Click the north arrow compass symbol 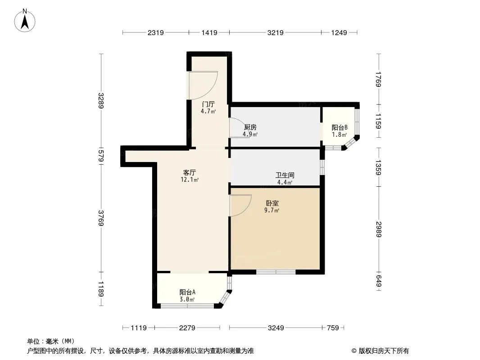(25, 21)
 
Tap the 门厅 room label (208, 104)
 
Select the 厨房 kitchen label (250, 127)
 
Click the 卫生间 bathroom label (285, 175)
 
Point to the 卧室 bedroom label (272, 203)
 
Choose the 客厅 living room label (190, 172)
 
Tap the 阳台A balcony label (187, 292)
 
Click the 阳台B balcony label (340, 127)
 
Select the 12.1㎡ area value (190, 180)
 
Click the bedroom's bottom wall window (276, 272)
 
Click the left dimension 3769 (101, 218)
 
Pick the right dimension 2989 (379, 229)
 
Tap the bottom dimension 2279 (187, 328)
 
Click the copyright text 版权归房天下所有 (384, 351)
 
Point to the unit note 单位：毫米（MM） (51, 342)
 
